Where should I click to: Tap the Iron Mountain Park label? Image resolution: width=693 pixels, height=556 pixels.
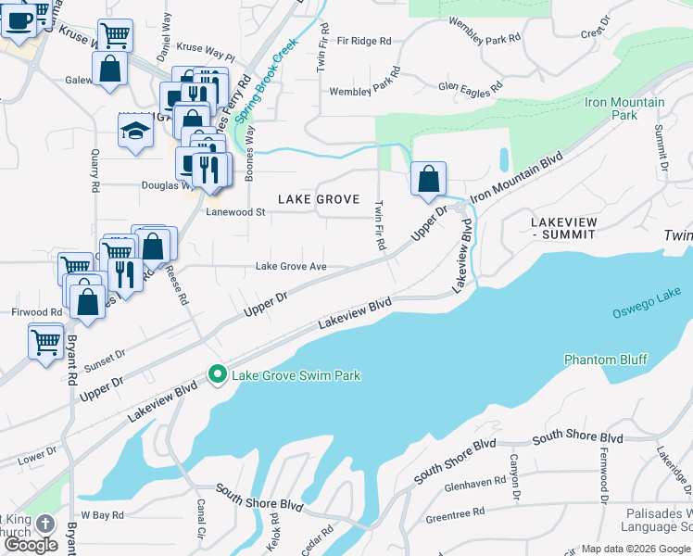(624, 108)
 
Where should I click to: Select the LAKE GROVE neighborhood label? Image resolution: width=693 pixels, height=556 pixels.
(318, 199)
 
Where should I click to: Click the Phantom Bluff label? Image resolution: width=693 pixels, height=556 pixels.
(606, 360)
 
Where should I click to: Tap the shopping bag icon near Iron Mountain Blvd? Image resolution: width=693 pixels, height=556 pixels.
(428, 180)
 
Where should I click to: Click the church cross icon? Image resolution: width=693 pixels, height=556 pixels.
(46, 524)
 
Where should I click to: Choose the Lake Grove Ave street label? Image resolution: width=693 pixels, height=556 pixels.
(292, 267)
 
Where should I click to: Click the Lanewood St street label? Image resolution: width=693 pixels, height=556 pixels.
(235, 212)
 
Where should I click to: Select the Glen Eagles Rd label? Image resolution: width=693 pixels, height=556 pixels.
(471, 85)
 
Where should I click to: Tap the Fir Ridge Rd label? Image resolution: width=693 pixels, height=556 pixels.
(364, 41)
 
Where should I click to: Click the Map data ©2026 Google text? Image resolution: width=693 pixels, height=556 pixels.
(636, 550)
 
